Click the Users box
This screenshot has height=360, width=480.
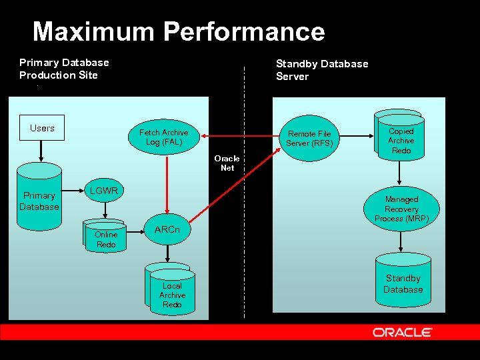tap(42, 128)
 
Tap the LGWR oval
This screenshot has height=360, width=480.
tap(104, 191)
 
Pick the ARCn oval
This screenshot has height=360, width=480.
tap(167, 230)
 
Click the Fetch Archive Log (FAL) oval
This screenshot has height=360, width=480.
tap(163, 137)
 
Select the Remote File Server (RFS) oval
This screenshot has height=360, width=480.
tap(309, 139)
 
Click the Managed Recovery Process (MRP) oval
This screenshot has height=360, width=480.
tap(401, 209)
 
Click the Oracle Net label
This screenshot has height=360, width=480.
tap(227, 163)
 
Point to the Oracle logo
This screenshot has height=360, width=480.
tap(402, 332)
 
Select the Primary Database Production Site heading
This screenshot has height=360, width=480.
tap(64, 69)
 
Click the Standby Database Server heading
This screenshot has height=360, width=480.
tap(322, 70)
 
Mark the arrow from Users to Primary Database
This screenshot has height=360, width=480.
tap(41, 151)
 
